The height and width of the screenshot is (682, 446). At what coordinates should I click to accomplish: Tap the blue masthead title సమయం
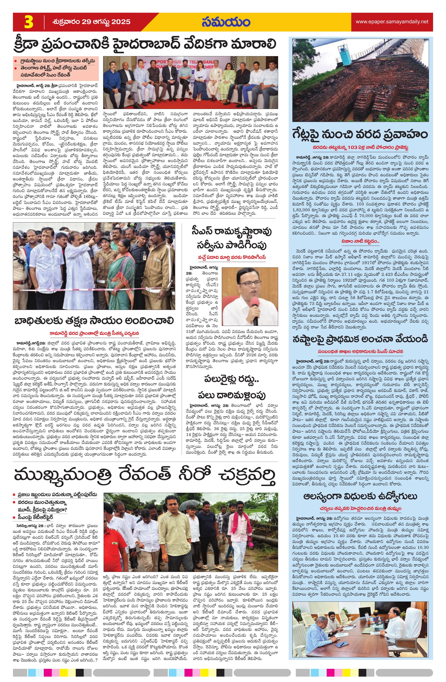coord(226,22)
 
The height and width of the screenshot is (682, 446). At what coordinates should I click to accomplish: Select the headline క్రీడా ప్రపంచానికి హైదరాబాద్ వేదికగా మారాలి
coord(145,45)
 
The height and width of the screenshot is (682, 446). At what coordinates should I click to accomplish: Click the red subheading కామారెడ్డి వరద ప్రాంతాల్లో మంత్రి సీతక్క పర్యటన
coord(94,334)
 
